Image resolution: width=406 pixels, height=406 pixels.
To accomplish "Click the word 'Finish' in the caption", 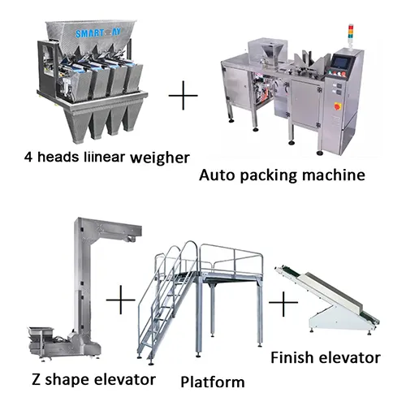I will (292, 356).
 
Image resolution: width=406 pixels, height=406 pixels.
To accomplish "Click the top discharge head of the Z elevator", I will (87, 228).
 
